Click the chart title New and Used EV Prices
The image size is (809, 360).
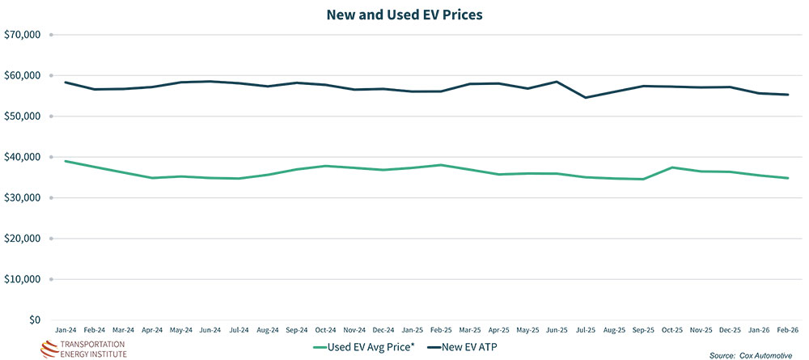click(x=404, y=15)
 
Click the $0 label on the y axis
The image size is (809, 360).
click(x=33, y=320)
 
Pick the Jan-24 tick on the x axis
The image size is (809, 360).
click(x=66, y=331)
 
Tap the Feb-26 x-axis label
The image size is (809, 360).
click(x=788, y=331)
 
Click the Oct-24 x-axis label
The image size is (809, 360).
click(x=325, y=331)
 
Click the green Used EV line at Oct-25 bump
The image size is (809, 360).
click(x=672, y=167)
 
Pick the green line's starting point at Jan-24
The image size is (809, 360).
click(x=66, y=161)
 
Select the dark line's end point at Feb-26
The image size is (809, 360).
click(x=788, y=95)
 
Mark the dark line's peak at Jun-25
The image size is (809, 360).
click(x=557, y=82)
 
